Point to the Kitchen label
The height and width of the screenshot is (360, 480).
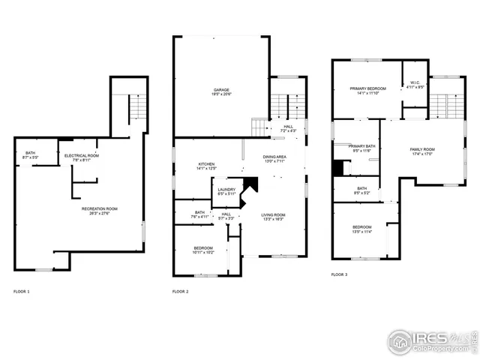tap(206, 166)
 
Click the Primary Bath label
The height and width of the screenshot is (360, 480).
tap(361, 148)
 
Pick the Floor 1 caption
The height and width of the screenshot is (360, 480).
tap(22, 291)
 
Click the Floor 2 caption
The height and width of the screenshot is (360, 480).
tap(180, 291)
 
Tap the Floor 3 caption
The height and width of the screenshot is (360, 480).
tap(339, 274)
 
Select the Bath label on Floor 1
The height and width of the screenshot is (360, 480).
tap(30, 154)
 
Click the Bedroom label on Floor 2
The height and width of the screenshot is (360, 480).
tap(203, 250)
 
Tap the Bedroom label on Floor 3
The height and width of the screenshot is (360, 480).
tap(361, 229)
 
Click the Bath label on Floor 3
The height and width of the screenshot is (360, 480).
tap(362, 190)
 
